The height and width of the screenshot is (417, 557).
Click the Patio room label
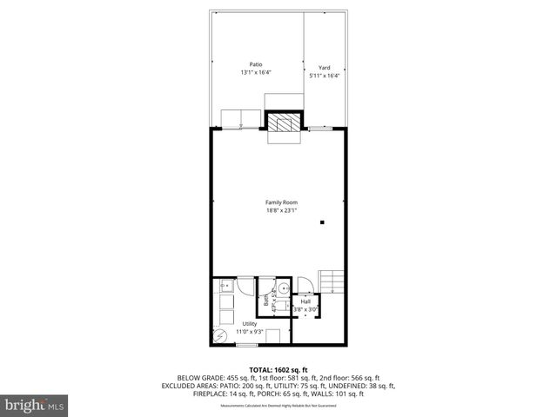[x=256, y=65]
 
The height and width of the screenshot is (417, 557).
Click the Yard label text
[x=324, y=68]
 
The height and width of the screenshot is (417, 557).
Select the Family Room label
[x=282, y=202]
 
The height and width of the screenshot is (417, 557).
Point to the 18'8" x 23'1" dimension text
[x=282, y=210]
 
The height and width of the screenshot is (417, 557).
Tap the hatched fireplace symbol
[x=281, y=125]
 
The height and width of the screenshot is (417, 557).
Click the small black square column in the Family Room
[x=322, y=223]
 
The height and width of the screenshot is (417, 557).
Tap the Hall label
[x=306, y=301]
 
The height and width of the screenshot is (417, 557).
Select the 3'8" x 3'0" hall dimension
[x=306, y=309]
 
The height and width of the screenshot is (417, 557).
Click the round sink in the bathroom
[x=283, y=290]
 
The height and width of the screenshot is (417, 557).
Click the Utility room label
[x=250, y=324]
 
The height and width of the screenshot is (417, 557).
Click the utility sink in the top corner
[x=224, y=284]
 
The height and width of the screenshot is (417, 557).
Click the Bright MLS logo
[x=35, y=405]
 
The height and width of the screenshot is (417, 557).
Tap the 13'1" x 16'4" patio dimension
[x=256, y=73]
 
